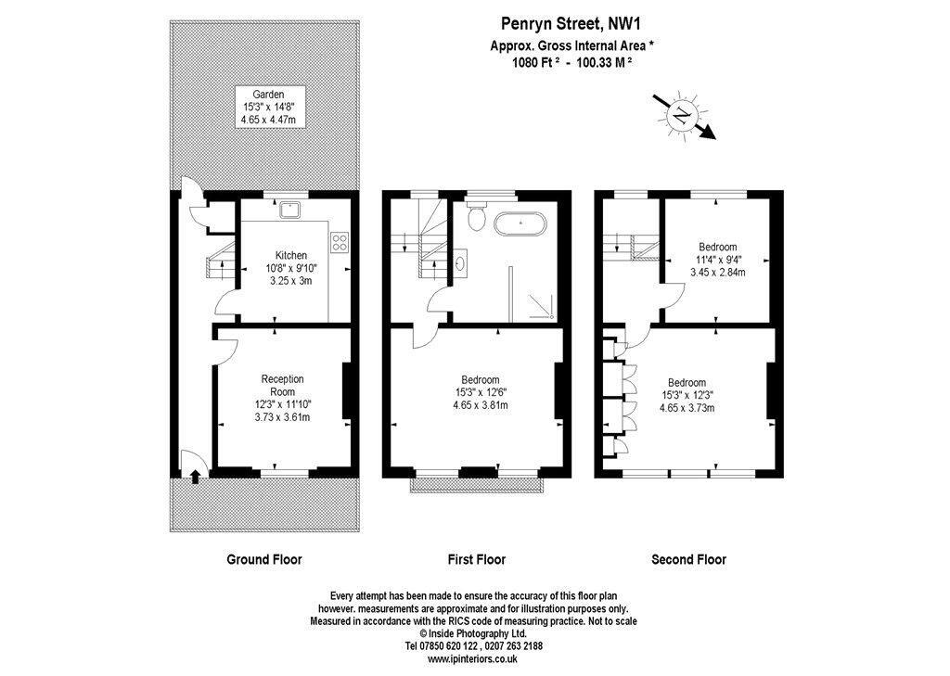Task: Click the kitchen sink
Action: click(x=290, y=210)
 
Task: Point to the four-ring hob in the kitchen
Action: click(x=340, y=242)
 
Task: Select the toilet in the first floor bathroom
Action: click(x=477, y=216)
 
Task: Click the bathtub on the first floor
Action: click(x=520, y=223)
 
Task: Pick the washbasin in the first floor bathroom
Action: click(x=460, y=262)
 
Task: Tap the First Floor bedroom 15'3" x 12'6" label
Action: click(x=481, y=392)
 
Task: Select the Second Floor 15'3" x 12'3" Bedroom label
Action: click(x=687, y=395)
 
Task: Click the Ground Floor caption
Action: click(x=264, y=559)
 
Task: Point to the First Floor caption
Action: click(x=477, y=559)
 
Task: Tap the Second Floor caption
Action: click(x=689, y=559)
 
